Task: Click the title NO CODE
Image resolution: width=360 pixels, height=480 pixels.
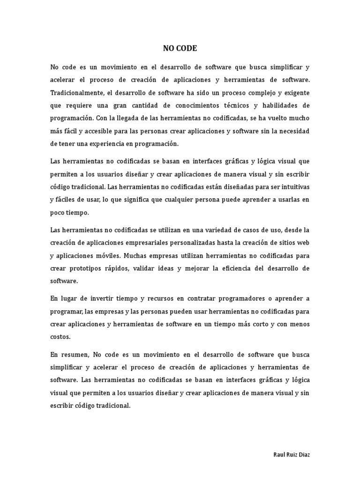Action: (x=180, y=48)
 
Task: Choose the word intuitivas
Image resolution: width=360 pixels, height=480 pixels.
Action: (x=292, y=187)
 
